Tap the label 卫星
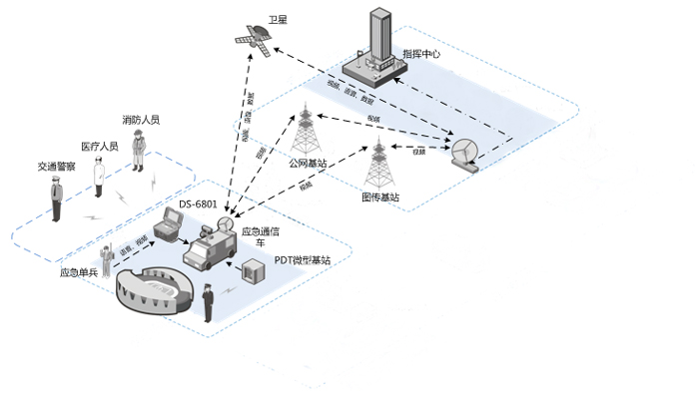pyautogui.click(x=278, y=19)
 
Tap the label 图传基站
pyautogui.click(x=379, y=197)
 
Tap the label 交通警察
pyautogui.click(x=57, y=167)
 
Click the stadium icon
pyautogui.click(x=152, y=291)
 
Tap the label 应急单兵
pyautogui.click(x=79, y=271)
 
